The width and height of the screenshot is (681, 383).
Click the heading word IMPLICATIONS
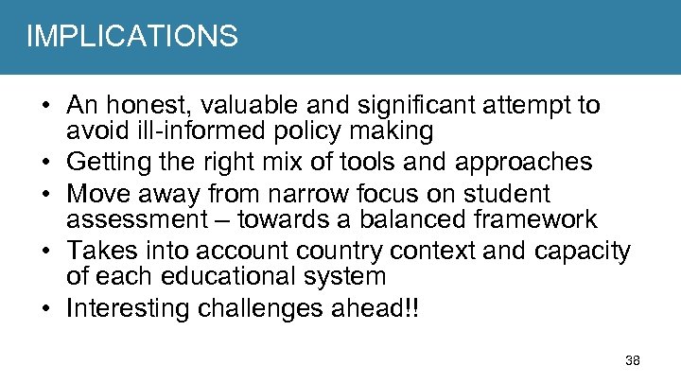[x=131, y=37]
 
